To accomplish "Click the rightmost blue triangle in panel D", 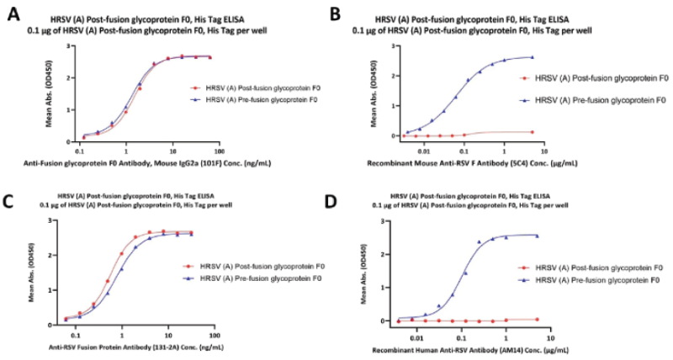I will [x=537, y=236].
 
